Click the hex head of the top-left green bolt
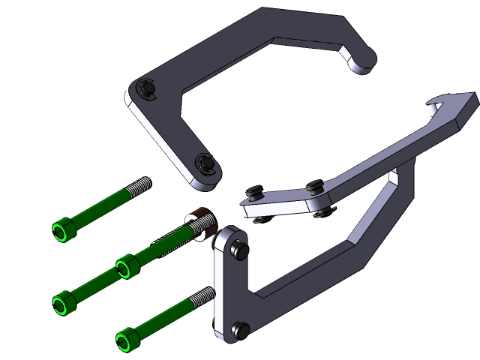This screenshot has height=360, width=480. tap(63, 230)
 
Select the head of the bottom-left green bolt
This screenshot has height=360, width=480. tap(64, 302)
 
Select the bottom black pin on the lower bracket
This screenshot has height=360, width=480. tap(241, 328)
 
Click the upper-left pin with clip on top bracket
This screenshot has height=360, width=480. tap(147, 89)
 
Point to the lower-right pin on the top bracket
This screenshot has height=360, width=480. tap(205, 163)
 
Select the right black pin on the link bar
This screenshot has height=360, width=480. tap(315, 184)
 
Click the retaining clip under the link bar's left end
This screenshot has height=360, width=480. tap(259, 220)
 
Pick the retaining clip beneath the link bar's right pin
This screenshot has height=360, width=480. tap(324, 214)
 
